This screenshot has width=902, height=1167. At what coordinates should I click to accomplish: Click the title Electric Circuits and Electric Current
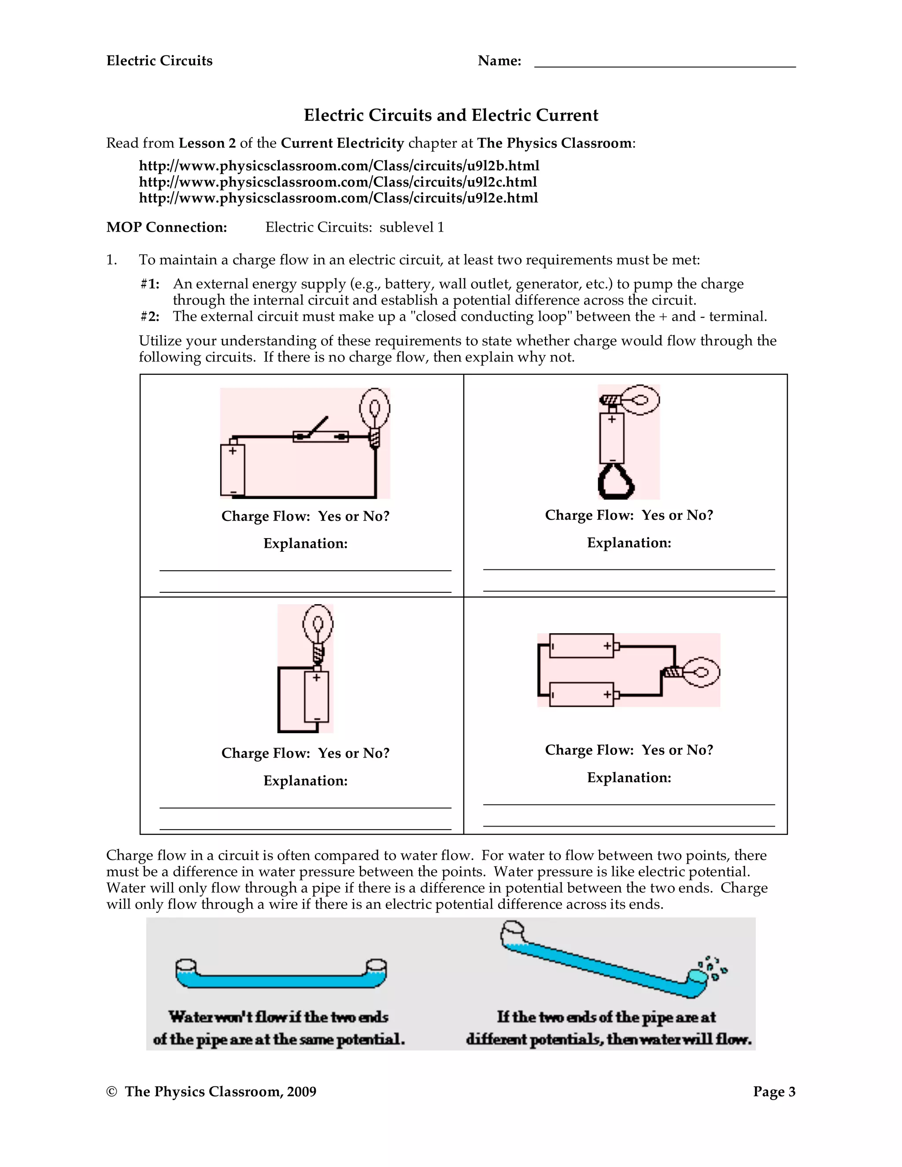(x=451, y=115)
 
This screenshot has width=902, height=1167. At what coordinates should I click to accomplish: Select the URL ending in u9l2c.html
(x=338, y=182)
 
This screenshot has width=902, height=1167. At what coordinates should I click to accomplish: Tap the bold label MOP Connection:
(x=167, y=228)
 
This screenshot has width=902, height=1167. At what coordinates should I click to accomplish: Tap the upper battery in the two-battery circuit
(x=581, y=646)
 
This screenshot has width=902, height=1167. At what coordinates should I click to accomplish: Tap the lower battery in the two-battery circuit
(x=581, y=694)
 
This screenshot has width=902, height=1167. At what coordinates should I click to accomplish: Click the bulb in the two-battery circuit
(x=695, y=671)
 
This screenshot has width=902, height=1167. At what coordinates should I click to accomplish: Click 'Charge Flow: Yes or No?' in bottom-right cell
(x=629, y=750)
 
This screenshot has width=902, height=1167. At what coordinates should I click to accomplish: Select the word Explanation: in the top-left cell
(x=305, y=543)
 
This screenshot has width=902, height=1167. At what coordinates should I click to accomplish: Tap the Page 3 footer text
(x=774, y=1092)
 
